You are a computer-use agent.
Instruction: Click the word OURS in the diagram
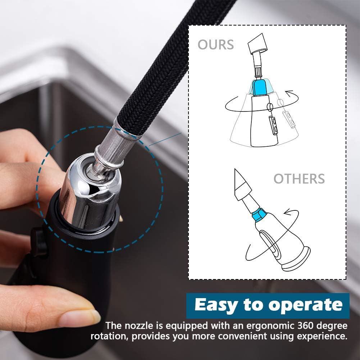[215, 45]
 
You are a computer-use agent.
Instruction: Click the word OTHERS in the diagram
[299, 179]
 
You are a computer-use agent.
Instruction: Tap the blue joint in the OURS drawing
[259, 87]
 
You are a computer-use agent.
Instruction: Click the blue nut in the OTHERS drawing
[259, 215]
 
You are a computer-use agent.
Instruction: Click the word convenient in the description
[242, 337]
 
